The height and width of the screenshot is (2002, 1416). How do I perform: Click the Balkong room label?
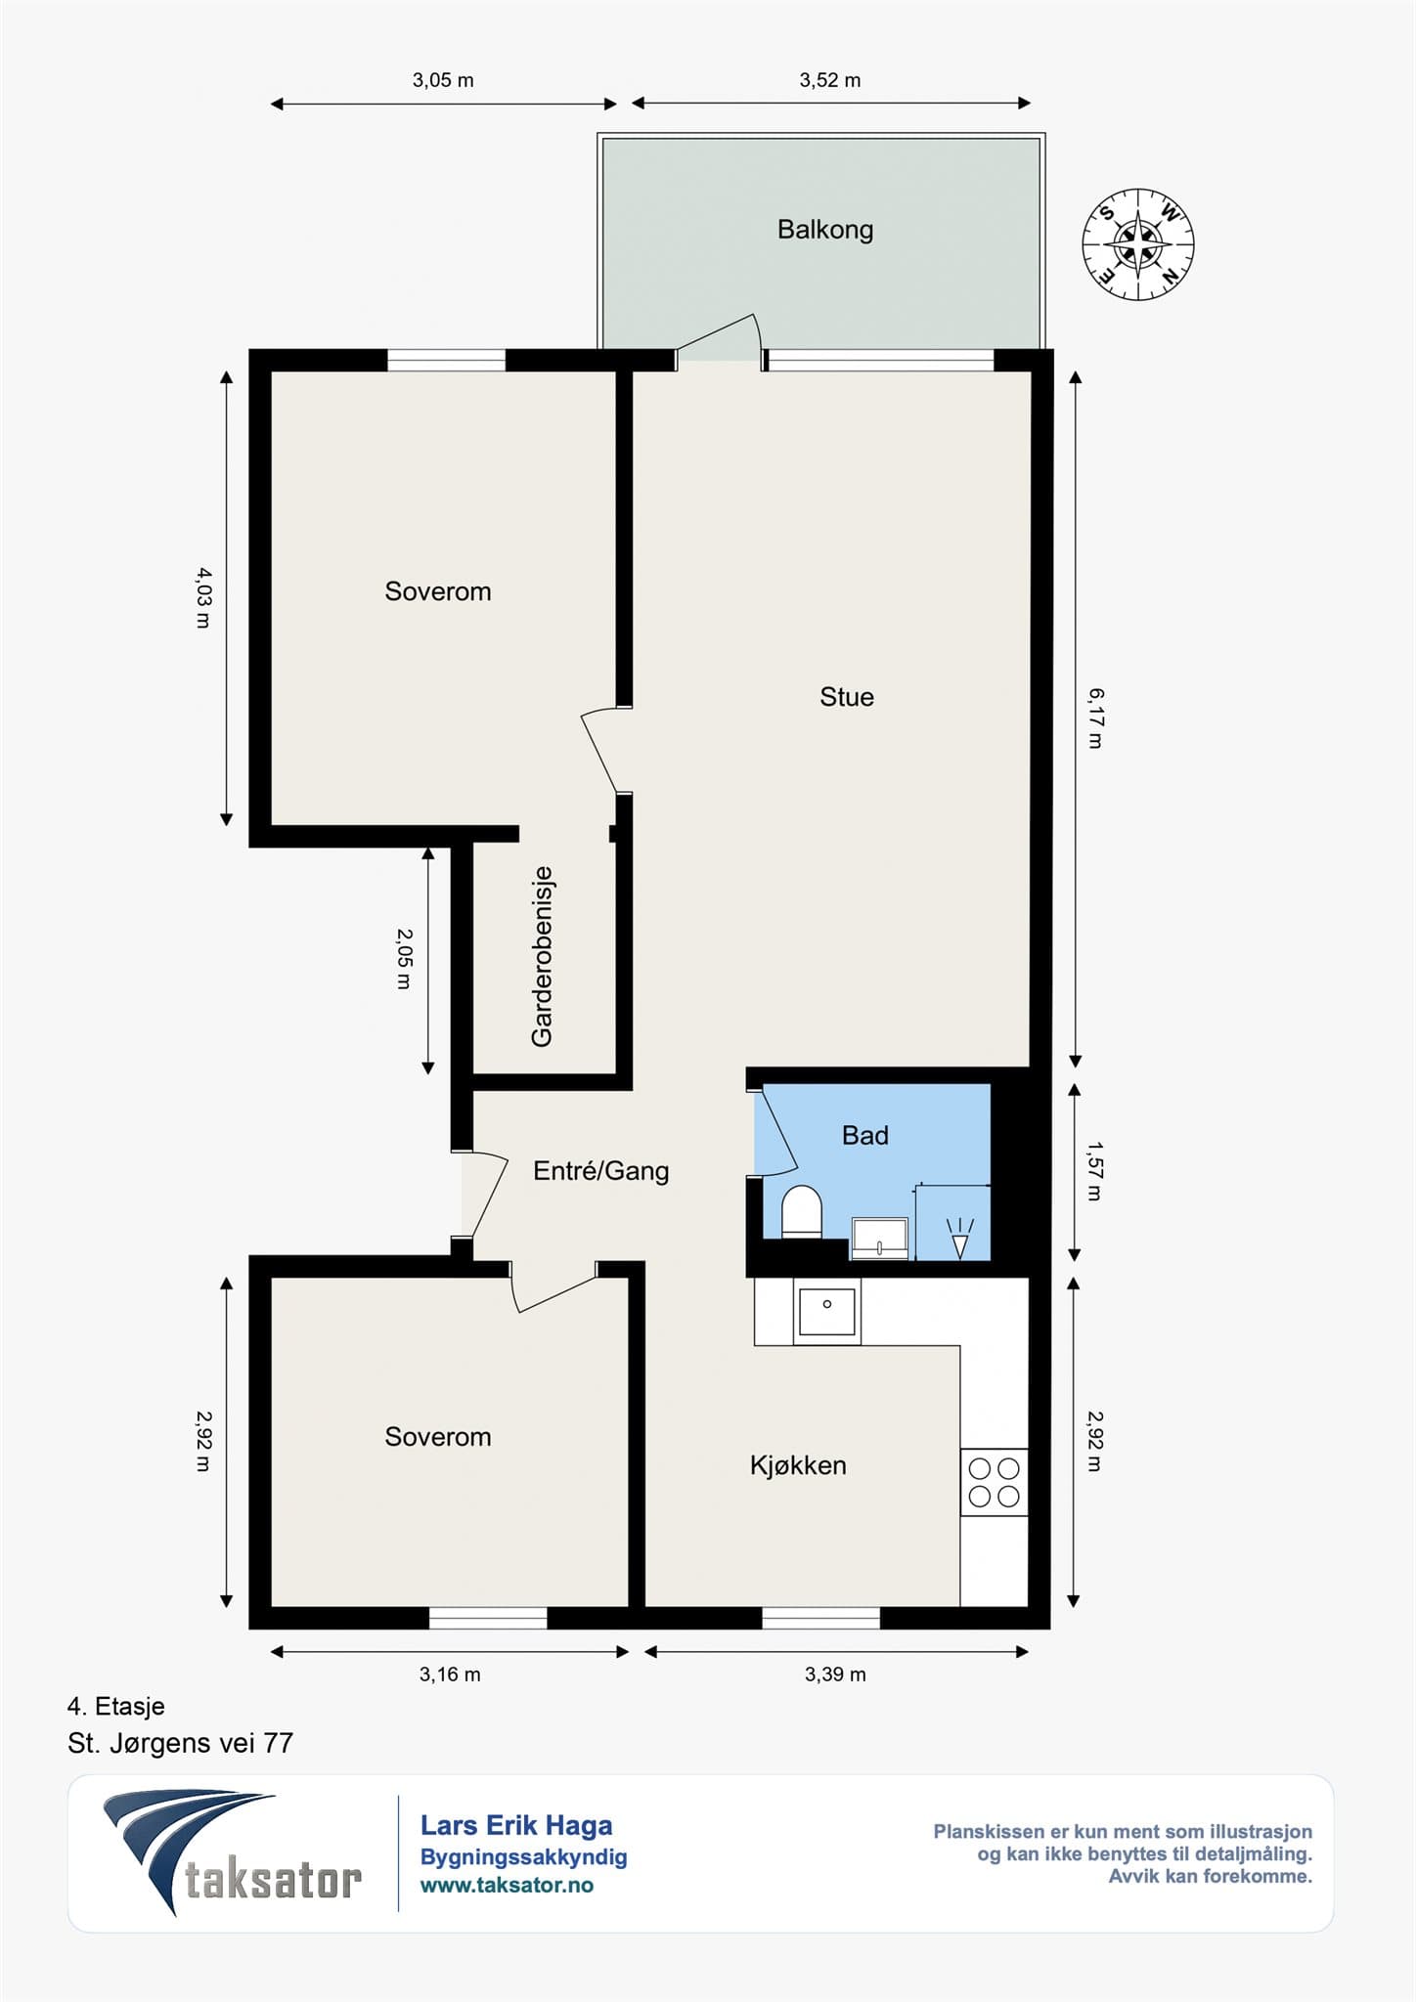(825, 230)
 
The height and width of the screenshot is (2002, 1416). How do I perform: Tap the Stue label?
(847, 697)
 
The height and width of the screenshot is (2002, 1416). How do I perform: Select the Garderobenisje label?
(542, 957)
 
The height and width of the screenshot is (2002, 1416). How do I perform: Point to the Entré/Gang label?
(601, 1170)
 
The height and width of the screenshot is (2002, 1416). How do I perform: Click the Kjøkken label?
(798, 1465)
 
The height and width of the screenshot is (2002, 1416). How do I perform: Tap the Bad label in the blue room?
(865, 1135)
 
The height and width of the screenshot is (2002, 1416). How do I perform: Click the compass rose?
(1138, 244)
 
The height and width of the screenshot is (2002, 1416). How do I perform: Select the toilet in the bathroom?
(802, 1213)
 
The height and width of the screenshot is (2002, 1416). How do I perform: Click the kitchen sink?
(827, 1312)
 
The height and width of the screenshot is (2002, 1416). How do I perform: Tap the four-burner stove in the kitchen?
(994, 1482)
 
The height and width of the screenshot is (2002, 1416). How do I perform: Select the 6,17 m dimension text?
(1096, 718)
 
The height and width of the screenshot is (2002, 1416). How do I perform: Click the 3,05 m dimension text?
(443, 80)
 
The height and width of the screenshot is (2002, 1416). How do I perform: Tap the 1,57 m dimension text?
(1095, 1171)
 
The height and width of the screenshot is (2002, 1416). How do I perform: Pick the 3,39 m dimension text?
(835, 1675)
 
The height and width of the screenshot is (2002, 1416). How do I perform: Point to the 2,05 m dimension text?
(404, 959)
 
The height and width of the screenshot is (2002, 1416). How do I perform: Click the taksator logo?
(233, 1853)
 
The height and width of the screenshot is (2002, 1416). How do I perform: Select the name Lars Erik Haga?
(516, 1825)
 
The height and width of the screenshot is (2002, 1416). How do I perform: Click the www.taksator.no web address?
(507, 1886)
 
